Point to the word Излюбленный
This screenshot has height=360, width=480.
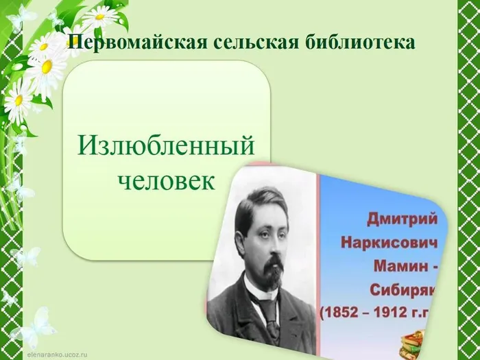pos(166,146)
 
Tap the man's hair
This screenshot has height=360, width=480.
pos(257,199)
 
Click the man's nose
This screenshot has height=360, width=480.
pos(271,241)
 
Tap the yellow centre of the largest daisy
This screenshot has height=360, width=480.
pos(47,67)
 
